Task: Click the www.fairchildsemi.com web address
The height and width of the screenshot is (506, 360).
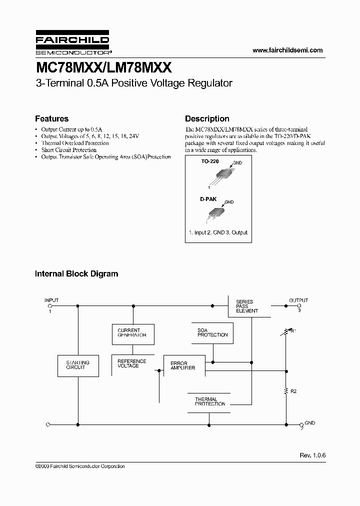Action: (287, 50)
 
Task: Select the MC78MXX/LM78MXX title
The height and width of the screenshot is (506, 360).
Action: (103, 67)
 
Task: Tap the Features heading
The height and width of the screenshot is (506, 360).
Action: (51, 119)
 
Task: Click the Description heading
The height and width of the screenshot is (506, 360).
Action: (207, 119)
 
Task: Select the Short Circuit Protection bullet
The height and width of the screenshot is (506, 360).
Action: (68, 150)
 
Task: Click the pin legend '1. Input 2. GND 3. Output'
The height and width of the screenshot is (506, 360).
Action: (218, 232)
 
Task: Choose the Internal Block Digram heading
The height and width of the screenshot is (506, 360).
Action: (76, 274)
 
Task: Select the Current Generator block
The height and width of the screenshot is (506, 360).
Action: (132, 333)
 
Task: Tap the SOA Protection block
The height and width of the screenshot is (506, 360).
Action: (212, 332)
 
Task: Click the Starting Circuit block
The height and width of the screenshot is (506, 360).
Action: (77, 365)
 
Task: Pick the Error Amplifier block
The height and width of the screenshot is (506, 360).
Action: (183, 365)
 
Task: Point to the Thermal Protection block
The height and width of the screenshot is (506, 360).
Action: (210, 401)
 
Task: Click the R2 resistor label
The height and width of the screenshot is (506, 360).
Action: (293, 391)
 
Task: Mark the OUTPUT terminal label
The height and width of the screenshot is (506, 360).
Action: (298, 300)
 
